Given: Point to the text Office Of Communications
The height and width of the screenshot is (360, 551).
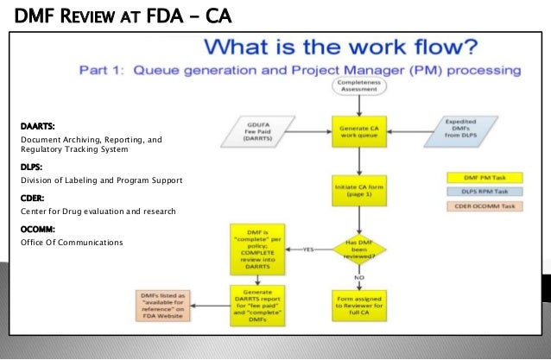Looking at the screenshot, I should click(71, 243).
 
